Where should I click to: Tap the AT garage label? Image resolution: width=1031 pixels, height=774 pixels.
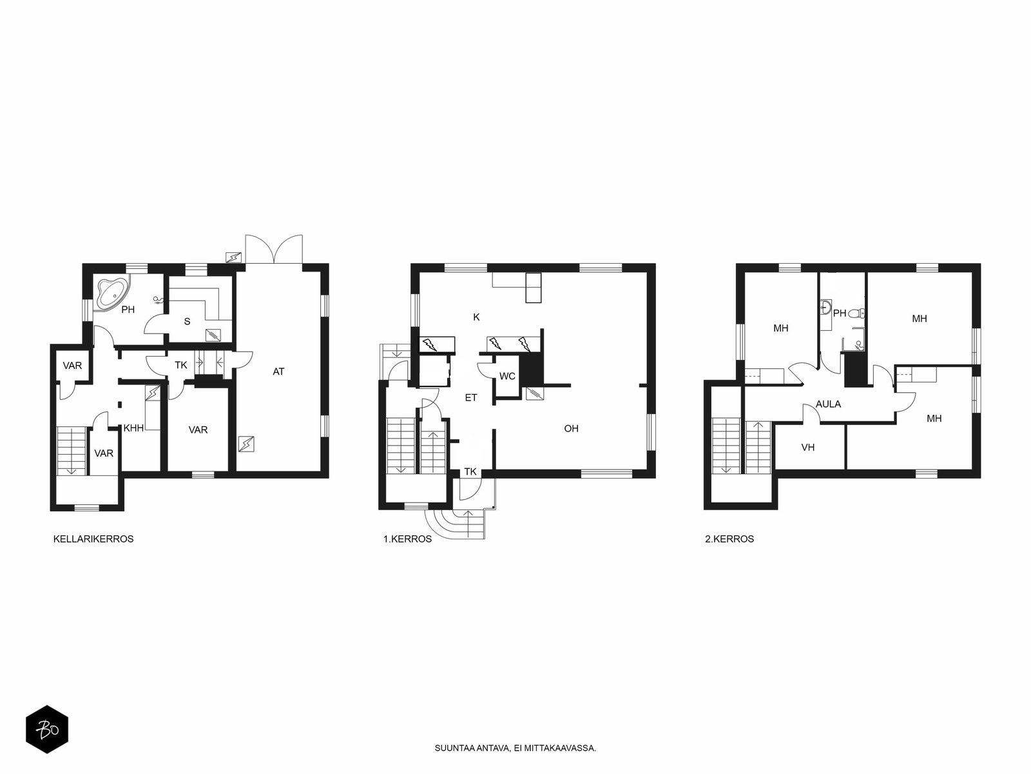tap(278, 372)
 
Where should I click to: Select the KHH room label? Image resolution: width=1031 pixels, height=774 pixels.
tap(133, 428)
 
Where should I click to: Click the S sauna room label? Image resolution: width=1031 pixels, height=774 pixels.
tap(187, 322)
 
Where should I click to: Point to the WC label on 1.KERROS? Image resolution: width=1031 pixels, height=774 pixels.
tap(507, 377)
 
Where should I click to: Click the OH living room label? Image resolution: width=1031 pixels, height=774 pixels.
tap(571, 428)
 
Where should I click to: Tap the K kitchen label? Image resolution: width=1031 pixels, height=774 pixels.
tap(476, 318)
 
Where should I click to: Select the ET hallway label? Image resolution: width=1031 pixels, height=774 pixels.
tap(471, 398)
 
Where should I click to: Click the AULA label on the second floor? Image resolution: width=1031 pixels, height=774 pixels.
tap(828, 404)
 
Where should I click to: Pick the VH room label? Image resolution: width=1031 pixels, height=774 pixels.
tap(808, 448)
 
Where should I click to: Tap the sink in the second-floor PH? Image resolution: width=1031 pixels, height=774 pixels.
tap(825, 308)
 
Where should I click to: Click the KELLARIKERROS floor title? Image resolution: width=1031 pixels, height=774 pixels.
tap(93, 539)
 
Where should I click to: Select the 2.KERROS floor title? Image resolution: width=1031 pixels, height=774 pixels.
tap(729, 539)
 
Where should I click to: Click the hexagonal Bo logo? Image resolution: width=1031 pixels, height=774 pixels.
tap(47, 729)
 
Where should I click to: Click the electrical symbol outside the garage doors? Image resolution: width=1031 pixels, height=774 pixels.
tap(233, 257)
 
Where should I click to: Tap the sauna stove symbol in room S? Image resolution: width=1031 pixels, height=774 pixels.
tap(213, 335)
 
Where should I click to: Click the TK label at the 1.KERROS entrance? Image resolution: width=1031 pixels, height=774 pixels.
tap(470, 472)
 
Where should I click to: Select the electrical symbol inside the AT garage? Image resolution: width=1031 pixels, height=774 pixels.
tap(246, 444)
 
